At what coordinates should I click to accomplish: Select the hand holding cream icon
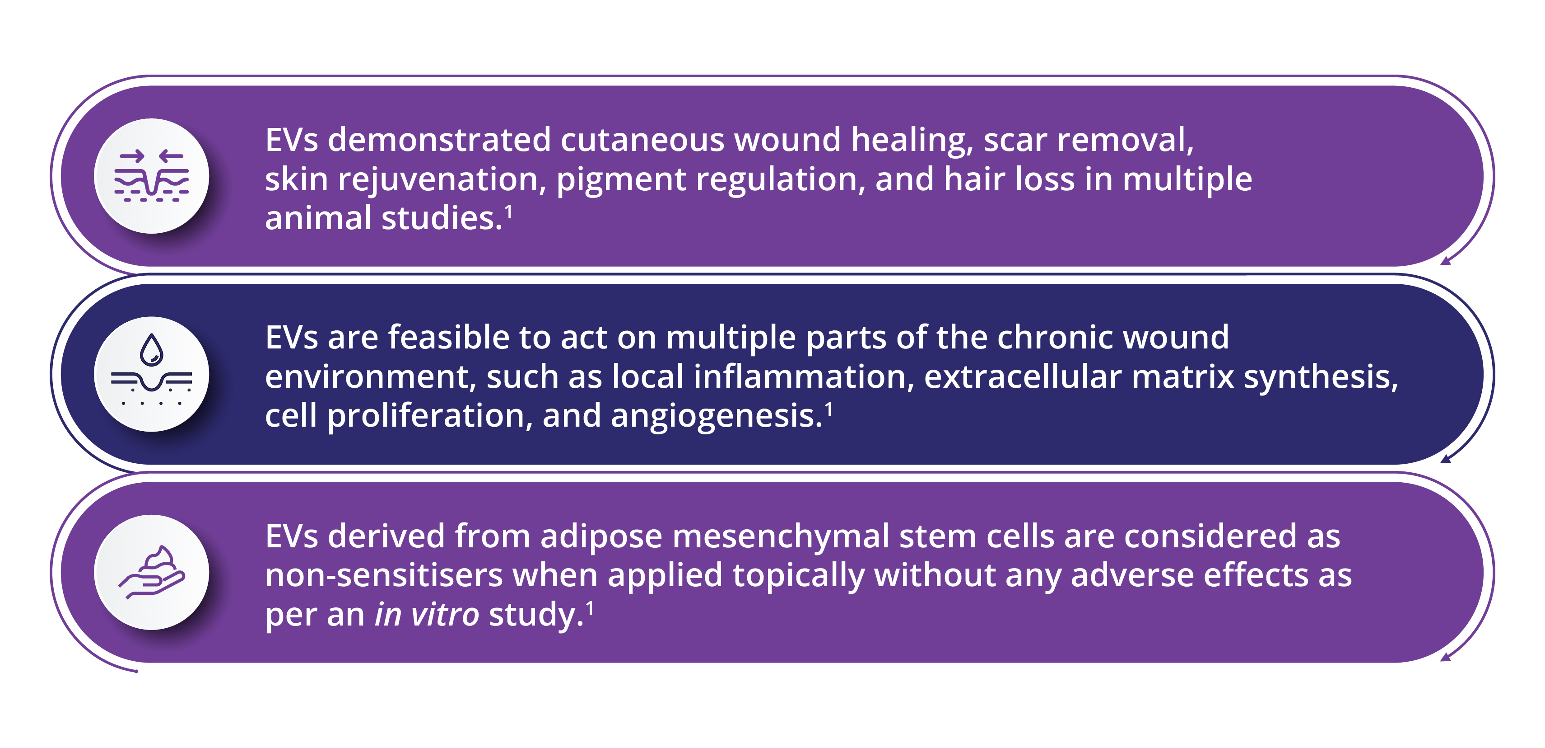tap(152, 571)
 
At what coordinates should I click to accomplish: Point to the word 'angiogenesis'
tap(713, 417)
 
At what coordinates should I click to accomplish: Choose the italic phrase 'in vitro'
tap(427, 615)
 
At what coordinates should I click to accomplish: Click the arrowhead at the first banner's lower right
tap(1445, 260)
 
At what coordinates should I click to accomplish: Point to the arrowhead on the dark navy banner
tap(1445, 459)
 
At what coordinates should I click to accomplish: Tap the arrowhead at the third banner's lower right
tap(1445, 657)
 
